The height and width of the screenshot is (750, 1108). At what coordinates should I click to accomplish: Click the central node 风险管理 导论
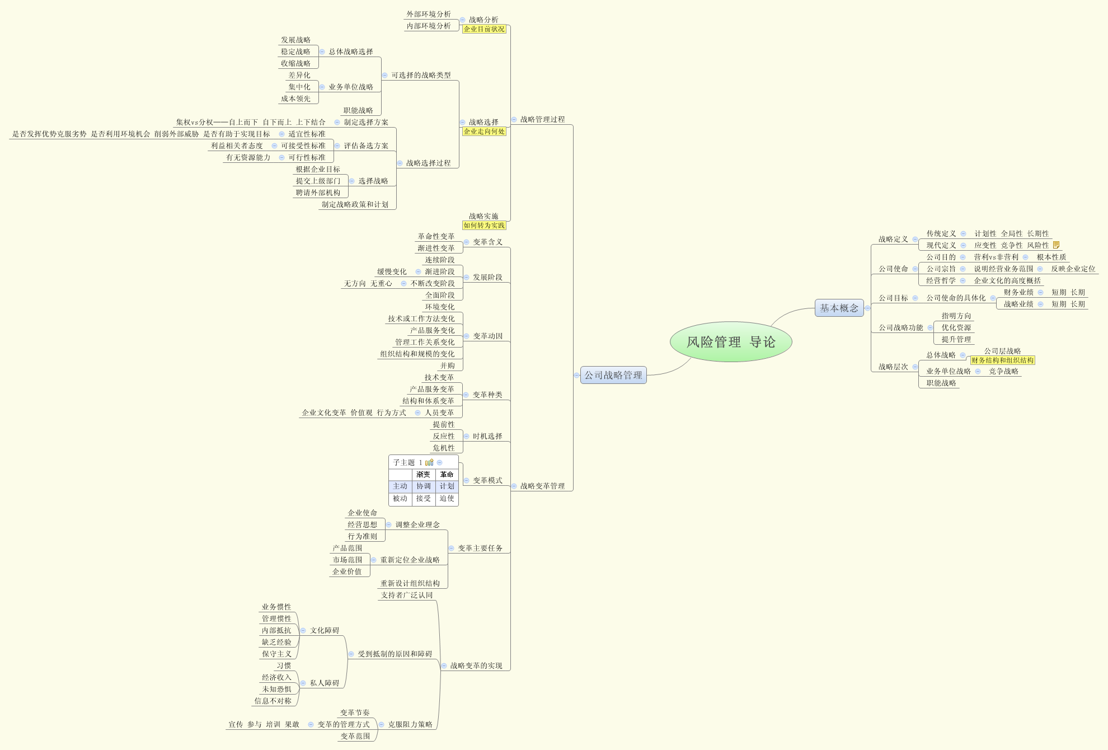pyautogui.click(x=731, y=342)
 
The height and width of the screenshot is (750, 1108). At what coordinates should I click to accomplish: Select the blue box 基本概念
pyautogui.click(x=839, y=308)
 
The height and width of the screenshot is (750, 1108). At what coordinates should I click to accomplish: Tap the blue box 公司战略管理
pyautogui.click(x=613, y=375)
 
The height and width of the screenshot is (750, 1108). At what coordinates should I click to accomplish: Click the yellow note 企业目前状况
pyautogui.click(x=484, y=29)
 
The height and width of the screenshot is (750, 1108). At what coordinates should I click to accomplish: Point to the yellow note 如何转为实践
pyautogui.click(x=484, y=226)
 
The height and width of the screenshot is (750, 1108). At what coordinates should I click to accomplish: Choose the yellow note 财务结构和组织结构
pyautogui.click(x=1002, y=360)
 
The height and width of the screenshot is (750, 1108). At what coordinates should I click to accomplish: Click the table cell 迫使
pyautogui.click(x=447, y=498)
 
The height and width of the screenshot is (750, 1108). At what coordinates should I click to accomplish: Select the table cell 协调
pyautogui.click(x=424, y=486)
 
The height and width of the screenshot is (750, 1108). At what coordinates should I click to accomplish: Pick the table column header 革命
pyautogui.click(x=447, y=475)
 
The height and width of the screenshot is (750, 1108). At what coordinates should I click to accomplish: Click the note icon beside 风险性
pyautogui.click(x=1056, y=245)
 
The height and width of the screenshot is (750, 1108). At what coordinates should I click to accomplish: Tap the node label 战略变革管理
pyautogui.click(x=542, y=486)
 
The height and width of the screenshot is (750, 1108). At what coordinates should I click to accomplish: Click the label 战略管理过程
pyautogui.click(x=542, y=119)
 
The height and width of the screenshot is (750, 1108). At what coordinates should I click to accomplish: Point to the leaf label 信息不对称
pyautogui.click(x=273, y=701)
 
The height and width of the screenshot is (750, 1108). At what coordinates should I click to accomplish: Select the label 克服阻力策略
pyautogui.click(x=410, y=724)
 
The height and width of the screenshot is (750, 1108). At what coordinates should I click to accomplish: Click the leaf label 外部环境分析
pyautogui.click(x=429, y=14)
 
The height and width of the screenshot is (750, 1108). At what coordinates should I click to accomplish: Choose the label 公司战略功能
pyautogui.click(x=900, y=327)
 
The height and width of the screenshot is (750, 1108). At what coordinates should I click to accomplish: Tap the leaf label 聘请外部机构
pyautogui.click(x=318, y=193)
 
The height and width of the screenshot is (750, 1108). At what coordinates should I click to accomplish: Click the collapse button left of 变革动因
pyautogui.click(x=466, y=336)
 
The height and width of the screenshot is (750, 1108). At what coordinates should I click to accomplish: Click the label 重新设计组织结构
pyautogui.click(x=410, y=583)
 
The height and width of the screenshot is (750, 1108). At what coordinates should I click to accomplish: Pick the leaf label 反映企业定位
pyautogui.click(x=1073, y=269)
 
